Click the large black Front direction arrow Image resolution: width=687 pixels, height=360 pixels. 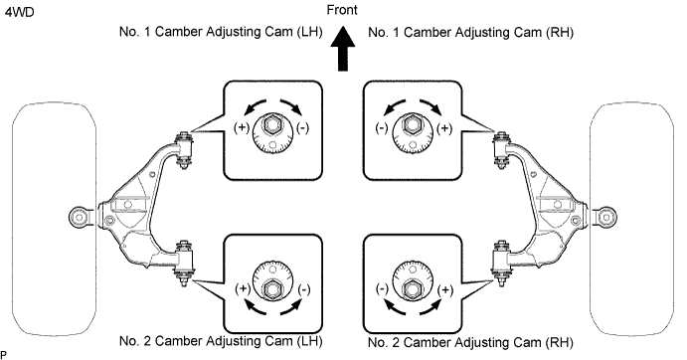[x=342, y=49]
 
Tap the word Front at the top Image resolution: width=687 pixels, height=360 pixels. [x=342, y=10]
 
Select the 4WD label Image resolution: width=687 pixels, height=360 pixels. [x=19, y=12]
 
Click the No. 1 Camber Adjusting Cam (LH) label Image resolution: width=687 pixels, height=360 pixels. [x=221, y=32]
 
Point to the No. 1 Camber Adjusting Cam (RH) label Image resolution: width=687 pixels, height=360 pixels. [x=470, y=33]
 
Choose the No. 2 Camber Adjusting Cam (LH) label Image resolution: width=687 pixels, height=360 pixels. [x=221, y=341]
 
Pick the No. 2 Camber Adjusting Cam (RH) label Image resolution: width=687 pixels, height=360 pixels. [x=470, y=342]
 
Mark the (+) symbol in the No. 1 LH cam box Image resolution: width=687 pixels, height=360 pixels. [x=242, y=127]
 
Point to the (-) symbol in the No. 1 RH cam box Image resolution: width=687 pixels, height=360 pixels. [x=382, y=128]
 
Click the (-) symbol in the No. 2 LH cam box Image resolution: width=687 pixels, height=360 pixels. [x=304, y=289]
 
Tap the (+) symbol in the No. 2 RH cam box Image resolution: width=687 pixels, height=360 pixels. [x=445, y=289]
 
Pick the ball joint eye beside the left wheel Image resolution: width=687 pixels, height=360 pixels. [x=80, y=217]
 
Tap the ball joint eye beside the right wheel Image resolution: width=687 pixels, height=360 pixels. [x=605, y=217]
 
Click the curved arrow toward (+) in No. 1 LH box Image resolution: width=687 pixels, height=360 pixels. [x=254, y=104]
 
